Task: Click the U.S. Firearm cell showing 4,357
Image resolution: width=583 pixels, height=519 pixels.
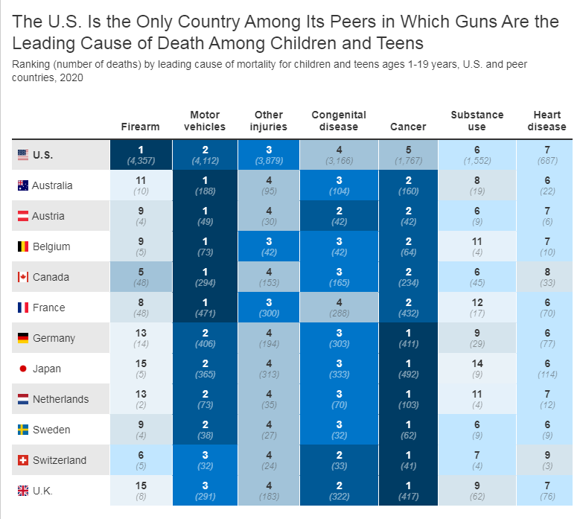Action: click(x=140, y=154)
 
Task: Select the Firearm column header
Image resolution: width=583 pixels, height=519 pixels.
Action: click(x=140, y=127)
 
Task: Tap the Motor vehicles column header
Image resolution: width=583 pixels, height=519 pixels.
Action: click(x=205, y=121)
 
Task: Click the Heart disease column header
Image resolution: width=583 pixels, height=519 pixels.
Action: click(x=547, y=121)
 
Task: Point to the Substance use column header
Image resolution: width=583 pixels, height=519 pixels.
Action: click(x=477, y=121)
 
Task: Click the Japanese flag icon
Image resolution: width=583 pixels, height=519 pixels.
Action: click(x=22, y=369)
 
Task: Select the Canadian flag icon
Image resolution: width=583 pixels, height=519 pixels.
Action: click(x=22, y=277)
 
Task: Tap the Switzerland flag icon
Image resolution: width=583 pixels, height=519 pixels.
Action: click(x=22, y=460)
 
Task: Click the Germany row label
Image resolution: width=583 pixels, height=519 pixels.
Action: click(x=54, y=338)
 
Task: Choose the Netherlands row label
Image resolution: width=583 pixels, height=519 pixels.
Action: click(x=60, y=399)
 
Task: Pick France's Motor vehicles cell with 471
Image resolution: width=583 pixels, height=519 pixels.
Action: click(x=205, y=308)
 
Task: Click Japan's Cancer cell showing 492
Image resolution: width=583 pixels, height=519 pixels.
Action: click(x=409, y=369)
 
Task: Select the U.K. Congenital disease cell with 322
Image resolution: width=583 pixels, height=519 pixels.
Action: click(x=339, y=491)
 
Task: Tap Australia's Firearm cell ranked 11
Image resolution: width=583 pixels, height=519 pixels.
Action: click(x=140, y=185)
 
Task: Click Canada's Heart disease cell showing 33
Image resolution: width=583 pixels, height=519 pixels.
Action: click(x=547, y=277)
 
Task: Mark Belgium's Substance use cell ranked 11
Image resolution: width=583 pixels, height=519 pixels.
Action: click(x=477, y=246)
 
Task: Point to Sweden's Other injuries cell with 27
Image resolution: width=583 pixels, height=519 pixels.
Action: click(x=269, y=430)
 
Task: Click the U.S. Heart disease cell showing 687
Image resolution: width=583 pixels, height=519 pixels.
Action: click(x=547, y=154)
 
